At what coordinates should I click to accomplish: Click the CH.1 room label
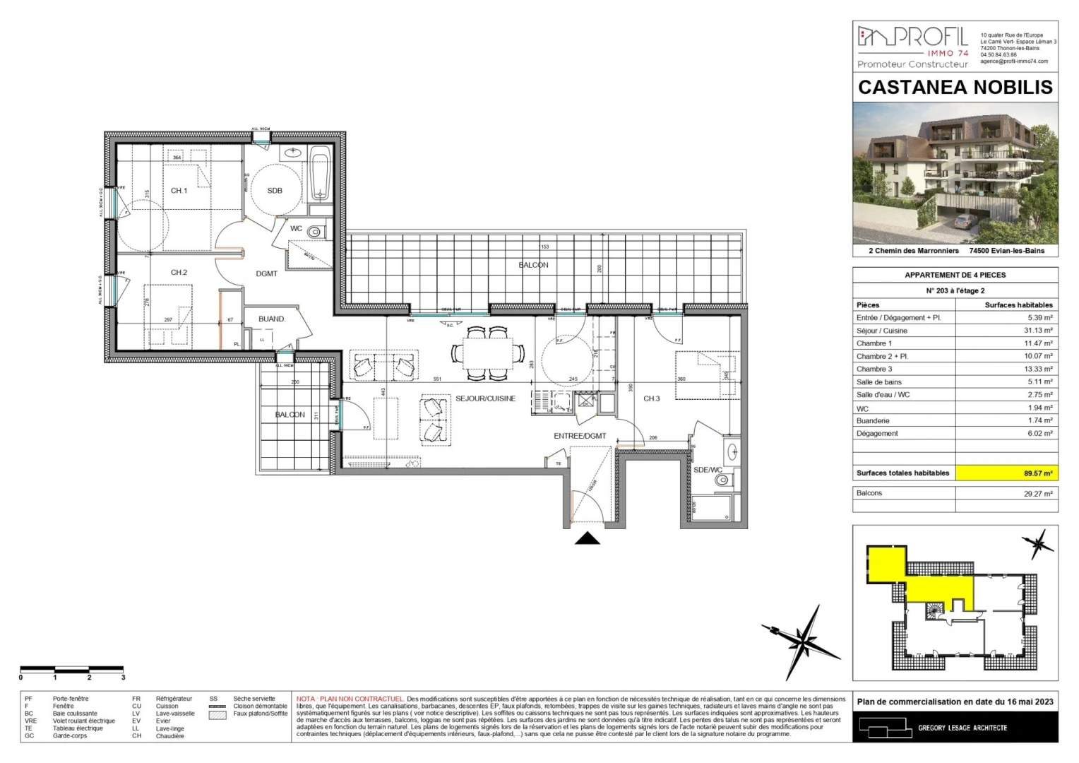click(x=179, y=191)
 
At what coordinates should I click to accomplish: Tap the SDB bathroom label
click(x=275, y=191)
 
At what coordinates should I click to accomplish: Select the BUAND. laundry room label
click(x=272, y=319)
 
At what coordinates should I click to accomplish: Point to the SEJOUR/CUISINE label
click(x=485, y=398)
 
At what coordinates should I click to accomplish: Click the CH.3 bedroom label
click(x=651, y=398)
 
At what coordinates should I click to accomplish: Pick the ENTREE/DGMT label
click(x=580, y=436)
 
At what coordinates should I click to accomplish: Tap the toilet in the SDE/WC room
click(x=721, y=480)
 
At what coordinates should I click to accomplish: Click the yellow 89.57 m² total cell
click(x=1006, y=473)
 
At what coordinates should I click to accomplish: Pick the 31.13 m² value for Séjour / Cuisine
click(x=1038, y=331)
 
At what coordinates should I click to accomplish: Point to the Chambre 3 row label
click(x=874, y=369)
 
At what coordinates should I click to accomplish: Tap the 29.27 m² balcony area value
click(x=1037, y=494)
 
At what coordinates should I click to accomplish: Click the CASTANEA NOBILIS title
click(x=955, y=88)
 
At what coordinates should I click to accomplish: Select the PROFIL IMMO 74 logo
click(x=912, y=46)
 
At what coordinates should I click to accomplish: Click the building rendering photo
click(x=955, y=173)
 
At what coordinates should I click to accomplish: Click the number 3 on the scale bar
click(x=123, y=678)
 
